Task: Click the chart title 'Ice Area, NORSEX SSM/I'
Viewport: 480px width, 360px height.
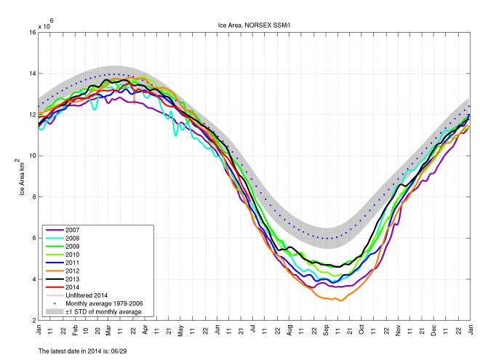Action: coord(255,25)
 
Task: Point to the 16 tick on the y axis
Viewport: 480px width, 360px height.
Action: coord(33,33)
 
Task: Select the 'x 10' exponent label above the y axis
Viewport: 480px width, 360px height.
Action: coord(46,26)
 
